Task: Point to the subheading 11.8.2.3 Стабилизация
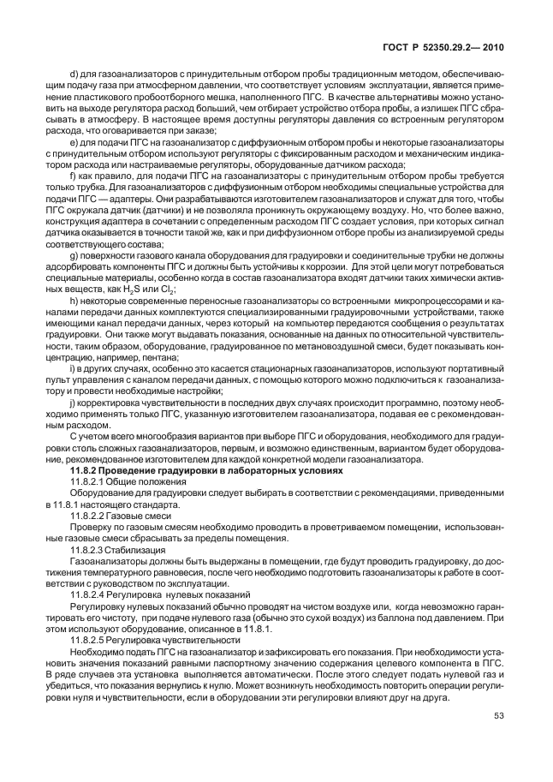[x=130, y=549]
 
